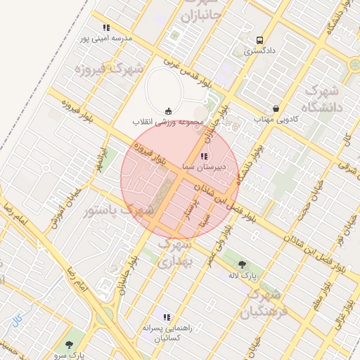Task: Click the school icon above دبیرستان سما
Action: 203,156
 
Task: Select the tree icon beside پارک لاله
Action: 243,264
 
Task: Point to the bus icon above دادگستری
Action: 260,40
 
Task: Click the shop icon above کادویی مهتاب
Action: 276,109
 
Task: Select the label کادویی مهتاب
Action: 276,120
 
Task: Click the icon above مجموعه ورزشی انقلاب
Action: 168,111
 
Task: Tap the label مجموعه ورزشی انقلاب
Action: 168,122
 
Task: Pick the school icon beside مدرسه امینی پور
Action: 106,28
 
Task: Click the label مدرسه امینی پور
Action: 105,39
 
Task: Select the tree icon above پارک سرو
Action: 68,344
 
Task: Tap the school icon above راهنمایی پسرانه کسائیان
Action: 167,317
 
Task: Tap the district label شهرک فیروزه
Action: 109,70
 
